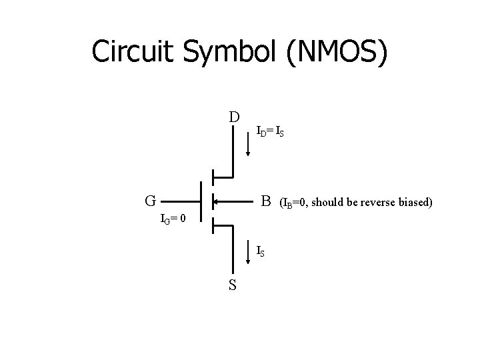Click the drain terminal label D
[x=233, y=117]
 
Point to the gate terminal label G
[x=151, y=200]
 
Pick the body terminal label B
[x=266, y=200]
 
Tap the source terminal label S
[x=233, y=285]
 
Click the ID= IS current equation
[x=271, y=132]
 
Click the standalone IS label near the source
[x=262, y=251]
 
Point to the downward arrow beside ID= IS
[x=249, y=143]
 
